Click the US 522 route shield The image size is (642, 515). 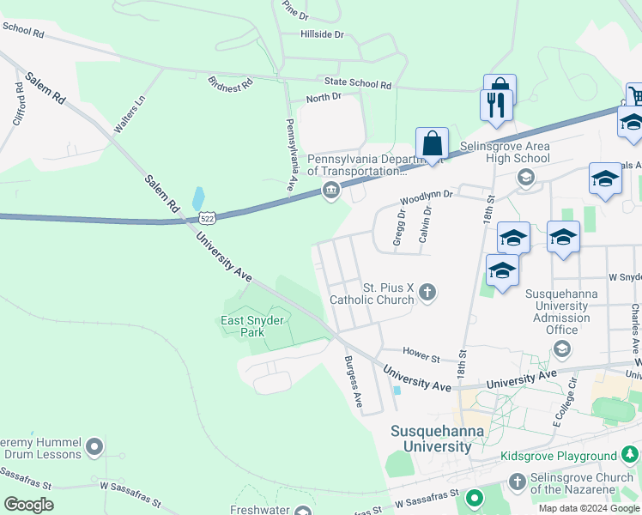click(209, 218)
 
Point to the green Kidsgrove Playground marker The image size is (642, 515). click(631, 455)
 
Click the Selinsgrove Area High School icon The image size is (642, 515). click(524, 177)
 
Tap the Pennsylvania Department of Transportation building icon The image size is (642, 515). click(330, 191)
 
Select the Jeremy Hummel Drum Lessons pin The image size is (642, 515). click(95, 446)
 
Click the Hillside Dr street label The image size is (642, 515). click(322, 34)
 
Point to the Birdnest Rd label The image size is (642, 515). click(231, 83)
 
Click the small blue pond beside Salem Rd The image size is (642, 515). click(198, 199)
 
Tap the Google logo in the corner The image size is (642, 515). click(28, 504)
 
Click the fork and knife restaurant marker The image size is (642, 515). click(496, 105)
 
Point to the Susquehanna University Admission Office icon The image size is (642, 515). click(561, 348)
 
